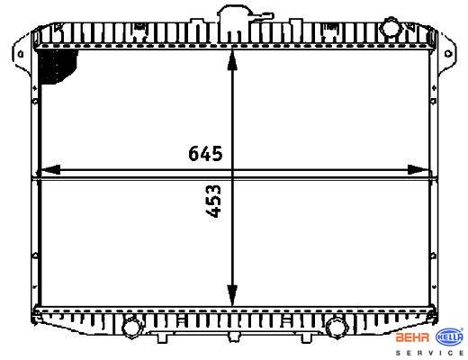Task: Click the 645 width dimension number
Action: tap(205, 153)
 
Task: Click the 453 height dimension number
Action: tap(213, 201)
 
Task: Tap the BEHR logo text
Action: tap(412, 337)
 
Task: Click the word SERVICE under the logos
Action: tap(429, 353)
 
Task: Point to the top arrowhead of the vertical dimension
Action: tap(232, 60)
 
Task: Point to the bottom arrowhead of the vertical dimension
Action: tap(232, 295)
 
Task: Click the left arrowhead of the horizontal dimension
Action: tap(50, 170)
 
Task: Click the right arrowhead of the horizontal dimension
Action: tap(418, 170)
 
